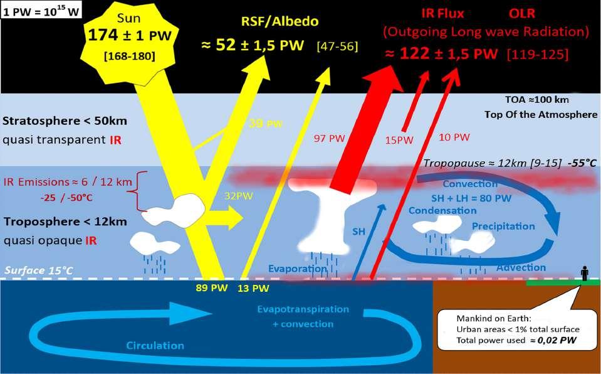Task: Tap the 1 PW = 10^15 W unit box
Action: click(34, 11)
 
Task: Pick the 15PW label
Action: click(399, 140)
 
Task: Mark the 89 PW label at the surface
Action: click(211, 289)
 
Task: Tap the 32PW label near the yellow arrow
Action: click(231, 195)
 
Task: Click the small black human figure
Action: click(584, 274)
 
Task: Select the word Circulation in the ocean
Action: click(155, 346)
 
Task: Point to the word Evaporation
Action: click(298, 269)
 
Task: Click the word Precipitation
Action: click(503, 226)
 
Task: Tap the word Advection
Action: click(512, 268)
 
